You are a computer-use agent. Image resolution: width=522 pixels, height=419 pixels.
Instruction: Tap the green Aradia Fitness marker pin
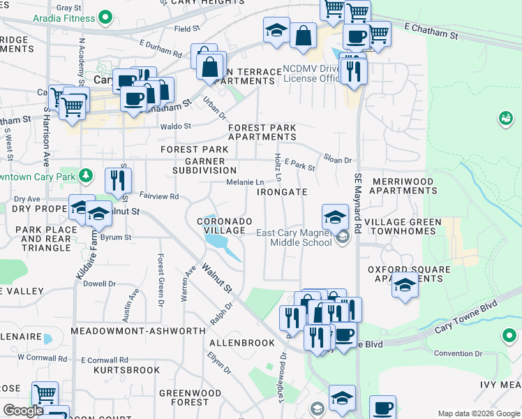[105, 16]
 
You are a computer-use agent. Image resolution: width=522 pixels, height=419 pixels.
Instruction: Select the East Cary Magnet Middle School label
[294, 238]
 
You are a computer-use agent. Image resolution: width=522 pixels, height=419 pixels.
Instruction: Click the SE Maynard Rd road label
[357, 203]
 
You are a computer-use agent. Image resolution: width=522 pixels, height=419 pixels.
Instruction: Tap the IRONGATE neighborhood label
[282, 192]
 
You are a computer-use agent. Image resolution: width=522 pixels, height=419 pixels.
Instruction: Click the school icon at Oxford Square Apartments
[405, 286]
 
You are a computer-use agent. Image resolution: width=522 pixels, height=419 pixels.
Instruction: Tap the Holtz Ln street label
[277, 165]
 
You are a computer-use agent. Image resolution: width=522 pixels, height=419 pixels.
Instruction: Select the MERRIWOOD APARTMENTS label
[403, 186]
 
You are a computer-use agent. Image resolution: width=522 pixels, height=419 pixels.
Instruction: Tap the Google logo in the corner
[23, 411]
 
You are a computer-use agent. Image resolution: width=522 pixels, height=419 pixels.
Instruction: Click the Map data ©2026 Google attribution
[479, 413]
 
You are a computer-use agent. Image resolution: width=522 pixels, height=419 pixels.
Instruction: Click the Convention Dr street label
[454, 353]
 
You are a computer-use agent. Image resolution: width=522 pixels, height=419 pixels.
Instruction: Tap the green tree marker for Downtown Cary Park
[86, 174]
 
